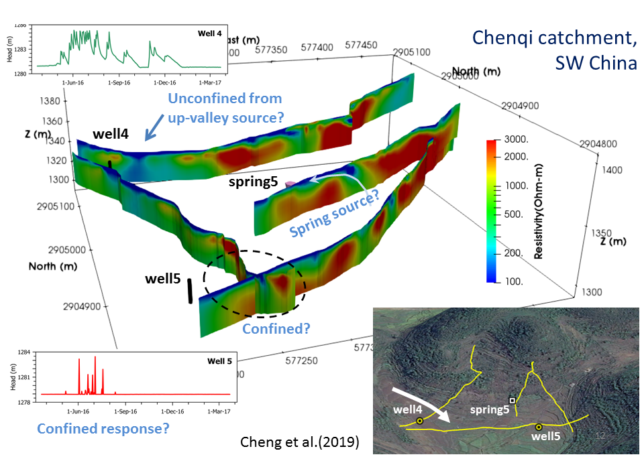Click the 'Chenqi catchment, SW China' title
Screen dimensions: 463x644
click(555, 50)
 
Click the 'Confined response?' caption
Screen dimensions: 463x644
click(103, 429)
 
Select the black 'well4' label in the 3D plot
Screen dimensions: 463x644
click(111, 133)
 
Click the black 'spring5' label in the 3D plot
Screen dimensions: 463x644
click(253, 181)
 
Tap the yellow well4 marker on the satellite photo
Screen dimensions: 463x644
click(419, 421)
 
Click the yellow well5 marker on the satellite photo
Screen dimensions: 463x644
click(538, 426)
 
